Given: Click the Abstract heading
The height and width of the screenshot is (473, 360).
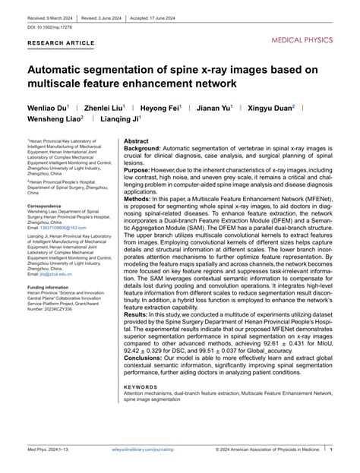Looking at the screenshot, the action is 136,141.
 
